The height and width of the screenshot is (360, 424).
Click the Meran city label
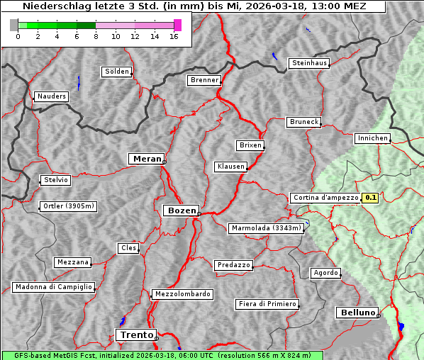[x=147, y=159]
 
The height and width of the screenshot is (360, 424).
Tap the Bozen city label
[x=181, y=210]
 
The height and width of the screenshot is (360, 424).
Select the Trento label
[x=135, y=334]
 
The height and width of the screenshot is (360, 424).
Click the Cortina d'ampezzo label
[x=325, y=198]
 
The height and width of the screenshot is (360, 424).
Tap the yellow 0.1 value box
[x=370, y=198]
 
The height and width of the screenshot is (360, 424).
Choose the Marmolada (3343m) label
[x=266, y=228]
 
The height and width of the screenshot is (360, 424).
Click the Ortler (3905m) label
[x=67, y=207]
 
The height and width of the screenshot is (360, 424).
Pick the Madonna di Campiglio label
[x=53, y=287]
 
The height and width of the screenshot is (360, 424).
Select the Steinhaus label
[x=310, y=64]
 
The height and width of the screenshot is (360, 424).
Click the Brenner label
[x=204, y=80]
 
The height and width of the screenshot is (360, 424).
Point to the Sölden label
[x=117, y=72]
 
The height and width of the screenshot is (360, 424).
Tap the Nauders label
[x=51, y=96]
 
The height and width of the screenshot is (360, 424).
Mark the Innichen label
[x=372, y=138]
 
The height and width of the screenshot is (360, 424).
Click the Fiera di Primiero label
[x=267, y=304]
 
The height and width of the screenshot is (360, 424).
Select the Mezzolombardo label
[x=182, y=294]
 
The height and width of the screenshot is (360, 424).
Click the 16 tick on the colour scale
[x=174, y=36]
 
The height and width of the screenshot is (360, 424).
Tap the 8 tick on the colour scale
[x=96, y=36]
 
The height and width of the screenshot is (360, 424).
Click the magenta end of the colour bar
[x=177, y=25]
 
